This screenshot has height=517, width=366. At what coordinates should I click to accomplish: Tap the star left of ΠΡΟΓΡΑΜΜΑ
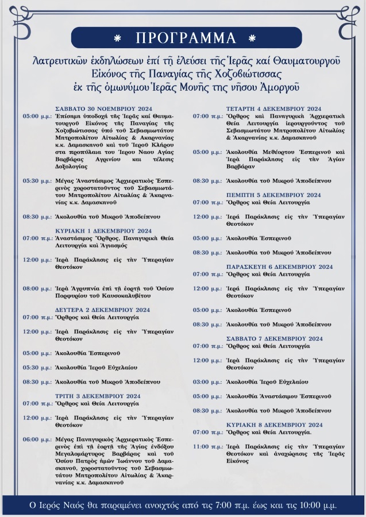click(118, 38)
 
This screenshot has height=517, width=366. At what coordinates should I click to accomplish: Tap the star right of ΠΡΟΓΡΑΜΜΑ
click(251, 38)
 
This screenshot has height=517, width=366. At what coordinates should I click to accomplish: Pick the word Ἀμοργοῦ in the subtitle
click(279, 87)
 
